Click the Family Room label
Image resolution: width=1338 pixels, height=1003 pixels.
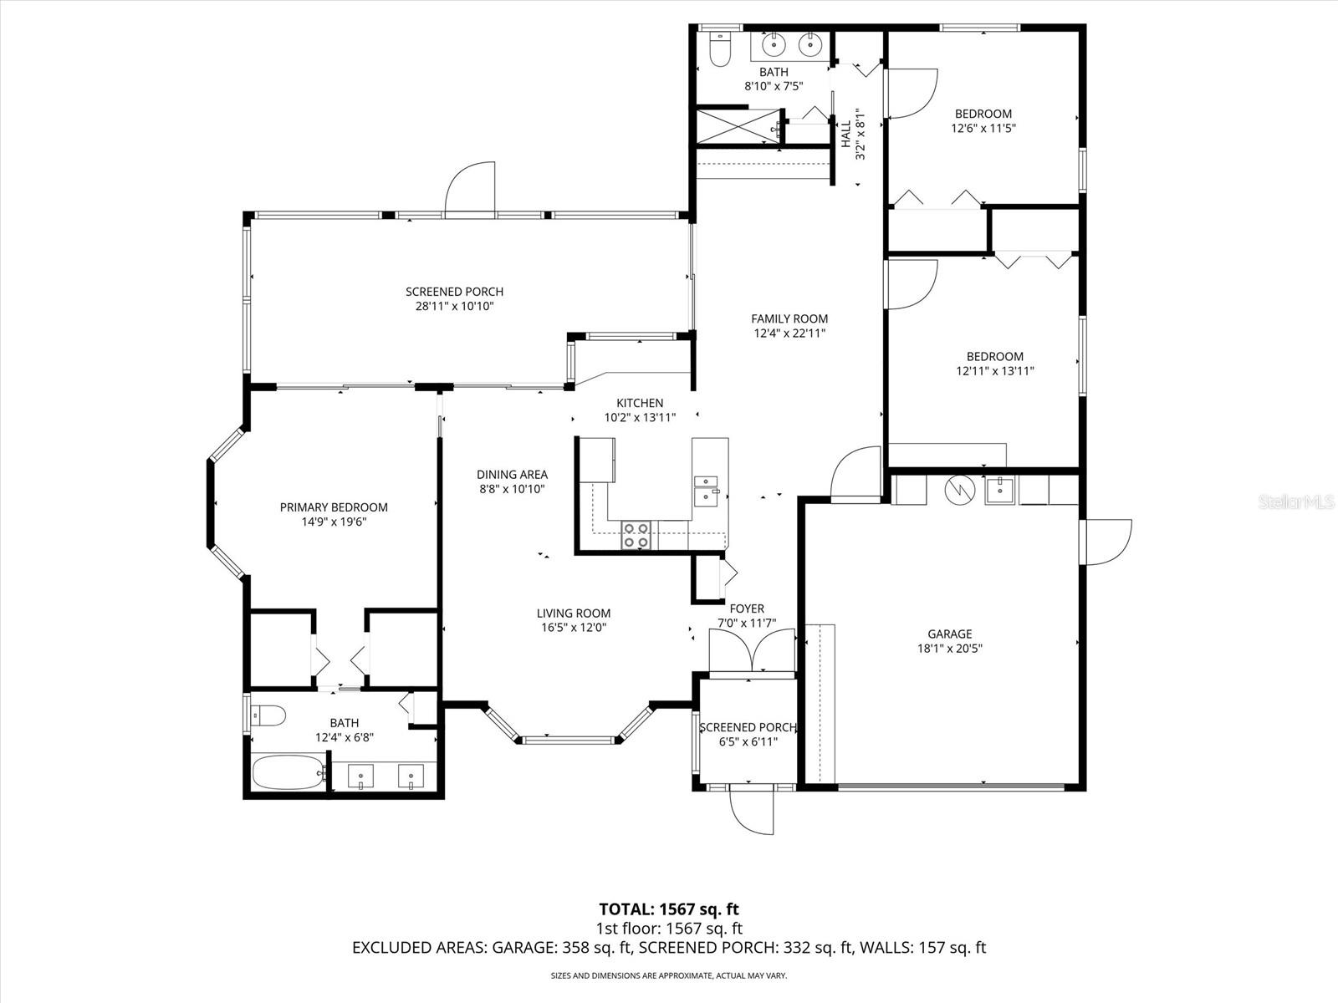(789, 318)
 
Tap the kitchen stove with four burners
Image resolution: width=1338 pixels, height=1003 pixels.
(636, 535)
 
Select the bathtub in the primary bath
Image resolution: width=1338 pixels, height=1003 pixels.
(287, 774)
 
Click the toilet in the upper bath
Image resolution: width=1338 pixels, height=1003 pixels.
(718, 51)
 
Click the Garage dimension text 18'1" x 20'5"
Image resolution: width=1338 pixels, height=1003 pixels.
(949, 648)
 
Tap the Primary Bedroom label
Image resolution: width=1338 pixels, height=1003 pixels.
(334, 507)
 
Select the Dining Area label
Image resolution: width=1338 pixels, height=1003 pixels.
(512, 474)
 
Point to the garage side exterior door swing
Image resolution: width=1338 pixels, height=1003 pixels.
(1106, 542)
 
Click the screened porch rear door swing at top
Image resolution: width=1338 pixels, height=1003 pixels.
(471, 190)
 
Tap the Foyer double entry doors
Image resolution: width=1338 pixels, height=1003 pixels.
(752, 650)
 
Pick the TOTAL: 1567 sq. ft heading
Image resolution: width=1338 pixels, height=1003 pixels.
(668, 909)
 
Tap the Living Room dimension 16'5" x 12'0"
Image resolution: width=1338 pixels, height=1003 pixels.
(573, 628)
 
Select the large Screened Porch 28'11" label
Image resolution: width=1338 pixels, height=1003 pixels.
(454, 292)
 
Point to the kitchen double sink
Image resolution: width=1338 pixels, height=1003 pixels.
(707, 488)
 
